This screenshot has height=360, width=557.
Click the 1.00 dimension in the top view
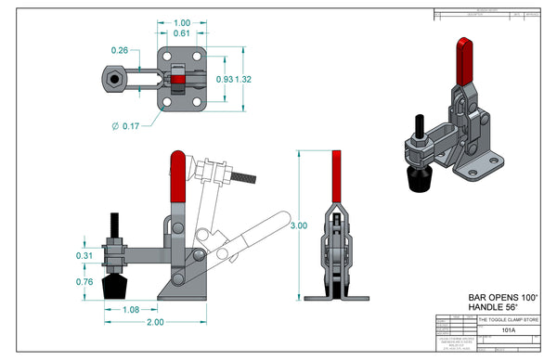(x=183, y=22)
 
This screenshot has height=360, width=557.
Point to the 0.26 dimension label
(x=120, y=50)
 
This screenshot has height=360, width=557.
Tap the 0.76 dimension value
(x=84, y=281)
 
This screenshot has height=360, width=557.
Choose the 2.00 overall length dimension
(x=154, y=322)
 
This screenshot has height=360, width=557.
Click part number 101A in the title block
(x=508, y=329)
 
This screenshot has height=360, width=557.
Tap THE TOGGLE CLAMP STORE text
(x=507, y=319)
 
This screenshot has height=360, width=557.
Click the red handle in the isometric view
(x=465, y=59)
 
